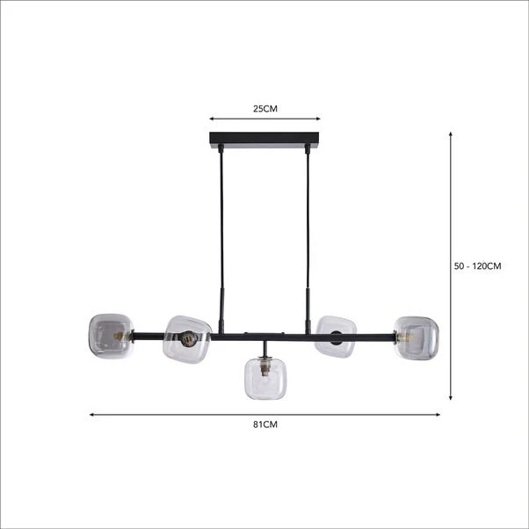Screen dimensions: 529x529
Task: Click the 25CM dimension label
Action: coord(265,109)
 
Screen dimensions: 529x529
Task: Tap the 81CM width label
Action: coord(265,424)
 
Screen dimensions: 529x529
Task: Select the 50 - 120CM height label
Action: coord(477,266)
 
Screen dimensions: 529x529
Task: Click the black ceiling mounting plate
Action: coord(264,140)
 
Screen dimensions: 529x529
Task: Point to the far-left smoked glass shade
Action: coord(111,336)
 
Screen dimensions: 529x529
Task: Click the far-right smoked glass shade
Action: coord(417,337)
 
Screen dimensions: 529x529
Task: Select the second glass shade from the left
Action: coord(187,339)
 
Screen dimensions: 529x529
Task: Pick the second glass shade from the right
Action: coord(336,337)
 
